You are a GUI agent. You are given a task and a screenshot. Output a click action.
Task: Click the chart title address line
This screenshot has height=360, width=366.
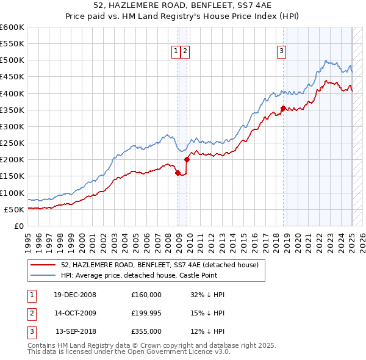tap(182, 6)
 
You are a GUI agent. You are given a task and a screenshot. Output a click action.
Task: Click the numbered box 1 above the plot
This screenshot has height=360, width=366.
tap(176, 52)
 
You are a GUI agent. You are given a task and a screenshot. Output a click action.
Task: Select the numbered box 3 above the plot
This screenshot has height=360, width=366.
tap(282, 52)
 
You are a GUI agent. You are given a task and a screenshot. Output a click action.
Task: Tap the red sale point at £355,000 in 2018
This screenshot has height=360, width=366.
tap(283, 109)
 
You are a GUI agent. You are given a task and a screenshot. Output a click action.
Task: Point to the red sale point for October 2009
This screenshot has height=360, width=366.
tap(187, 160)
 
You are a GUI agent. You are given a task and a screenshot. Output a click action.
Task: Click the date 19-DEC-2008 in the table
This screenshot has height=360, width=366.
tap(74, 294)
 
